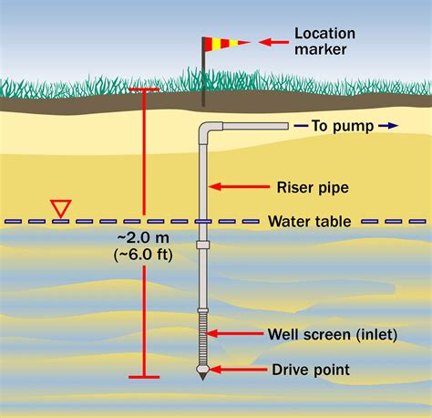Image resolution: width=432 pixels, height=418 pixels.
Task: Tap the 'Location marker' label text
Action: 324,41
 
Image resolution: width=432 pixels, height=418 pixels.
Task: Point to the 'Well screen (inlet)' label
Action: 334,335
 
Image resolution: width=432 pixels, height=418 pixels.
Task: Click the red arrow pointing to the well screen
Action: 239,335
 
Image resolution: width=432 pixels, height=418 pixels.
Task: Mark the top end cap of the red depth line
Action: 144,89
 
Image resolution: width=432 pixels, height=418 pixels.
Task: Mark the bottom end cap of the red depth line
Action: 144,376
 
